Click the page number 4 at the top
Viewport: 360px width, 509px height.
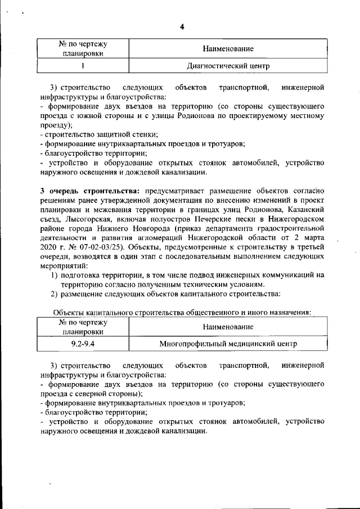182,26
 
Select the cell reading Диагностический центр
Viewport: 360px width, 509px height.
228,66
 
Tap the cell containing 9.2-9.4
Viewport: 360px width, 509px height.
83,343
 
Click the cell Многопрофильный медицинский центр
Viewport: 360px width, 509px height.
228,343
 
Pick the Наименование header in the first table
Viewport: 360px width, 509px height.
228,49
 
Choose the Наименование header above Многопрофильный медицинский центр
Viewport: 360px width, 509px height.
228,326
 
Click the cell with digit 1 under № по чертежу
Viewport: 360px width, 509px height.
83,66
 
